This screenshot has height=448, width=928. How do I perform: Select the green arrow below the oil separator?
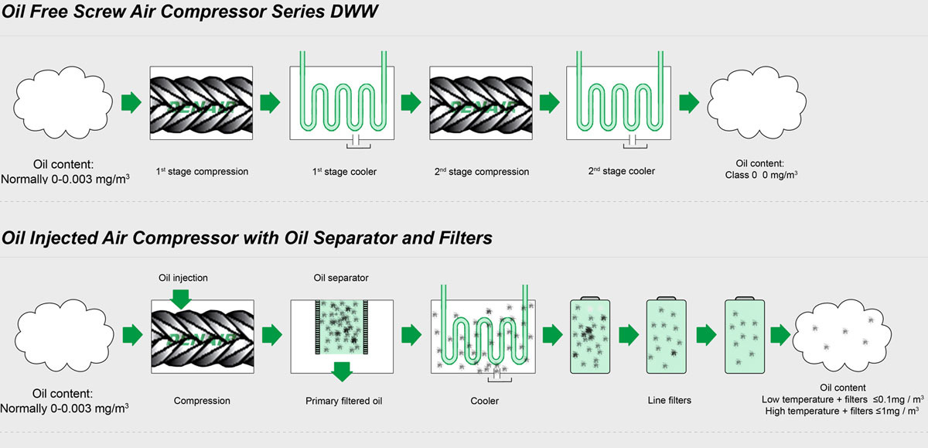coord(341,370)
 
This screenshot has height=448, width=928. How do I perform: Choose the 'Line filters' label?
coord(670,401)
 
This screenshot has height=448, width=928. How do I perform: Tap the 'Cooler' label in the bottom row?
coord(484,401)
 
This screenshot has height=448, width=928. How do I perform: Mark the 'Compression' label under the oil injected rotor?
coord(202,401)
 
